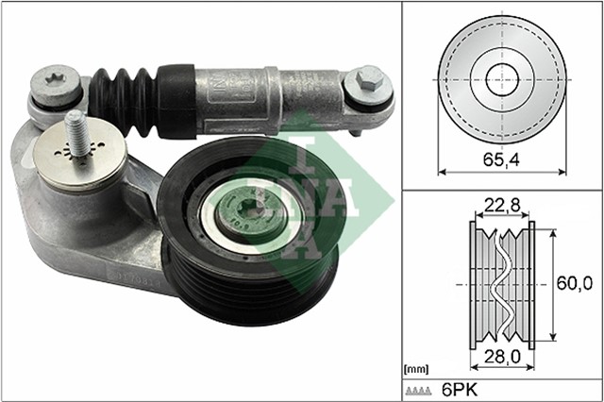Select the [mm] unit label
click(x=415, y=368)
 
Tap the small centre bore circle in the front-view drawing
click(x=502, y=78)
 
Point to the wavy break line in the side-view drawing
click(x=502, y=283)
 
